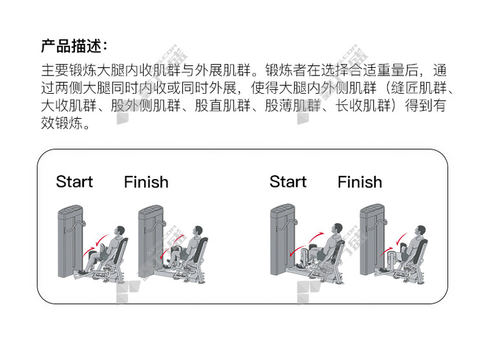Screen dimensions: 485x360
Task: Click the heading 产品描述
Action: click(x=71, y=47)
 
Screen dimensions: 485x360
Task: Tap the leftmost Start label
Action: click(x=74, y=182)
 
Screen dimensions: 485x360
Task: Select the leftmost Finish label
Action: click(x=146, y=182)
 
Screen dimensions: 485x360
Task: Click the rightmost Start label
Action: click(x=288, y=182)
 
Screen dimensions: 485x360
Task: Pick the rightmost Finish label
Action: click(x=360, y=182)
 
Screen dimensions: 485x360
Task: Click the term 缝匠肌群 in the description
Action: click(x=419, y=88)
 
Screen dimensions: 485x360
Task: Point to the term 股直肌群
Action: click(x=222, y=105)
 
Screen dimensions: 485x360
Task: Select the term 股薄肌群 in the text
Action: click(x=292, y=105)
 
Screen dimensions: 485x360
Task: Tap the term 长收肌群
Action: click(x=363, y=105)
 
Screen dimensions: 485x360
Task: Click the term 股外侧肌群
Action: click(x=145, y=105)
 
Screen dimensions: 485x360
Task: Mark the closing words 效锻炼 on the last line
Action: click(x=62, y=123)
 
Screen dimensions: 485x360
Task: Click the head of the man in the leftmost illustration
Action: click(x=120, y=231)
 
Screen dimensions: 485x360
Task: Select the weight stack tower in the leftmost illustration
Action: click(x=70, y=241)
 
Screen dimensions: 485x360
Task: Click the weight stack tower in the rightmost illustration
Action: click(x=372, y=239)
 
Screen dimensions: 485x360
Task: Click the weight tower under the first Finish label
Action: click(x=151, y=241)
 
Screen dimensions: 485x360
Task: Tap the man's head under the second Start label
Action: click(x=337, y=229)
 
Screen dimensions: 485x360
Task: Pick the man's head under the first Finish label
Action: click(x=197, y=231)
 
